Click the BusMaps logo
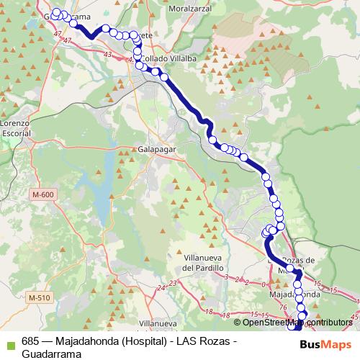click(324, 343)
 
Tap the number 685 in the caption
click(30, 341)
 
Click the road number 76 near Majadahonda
click(283, 308)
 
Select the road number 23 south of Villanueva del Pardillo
click(172, 283)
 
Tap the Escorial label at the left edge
click(14, 133)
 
